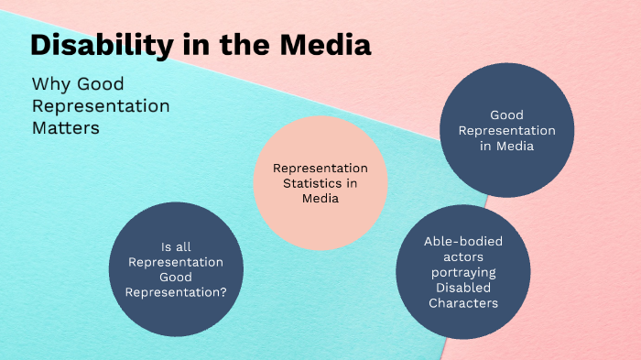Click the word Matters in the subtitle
coord(65,128)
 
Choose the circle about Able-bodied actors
coord(462,272)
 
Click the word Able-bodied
coord(463,241)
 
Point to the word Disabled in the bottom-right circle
coord(462,288)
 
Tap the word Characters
coord(462,303)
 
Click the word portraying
coord(462,272)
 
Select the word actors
coord(462,256)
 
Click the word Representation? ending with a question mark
coord(179,292)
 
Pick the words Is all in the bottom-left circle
coord(179,245)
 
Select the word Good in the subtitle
coord(108,84)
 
